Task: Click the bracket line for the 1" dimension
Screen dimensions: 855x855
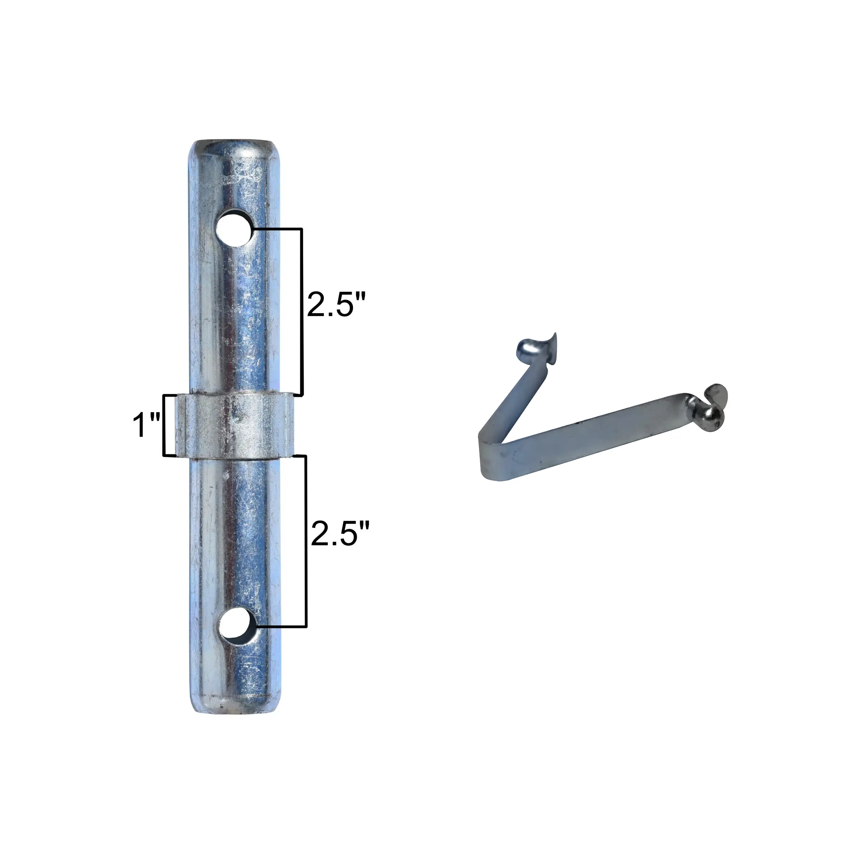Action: click(x=165, y=425)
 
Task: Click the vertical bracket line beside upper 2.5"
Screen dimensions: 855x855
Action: click(x=301, y=312)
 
